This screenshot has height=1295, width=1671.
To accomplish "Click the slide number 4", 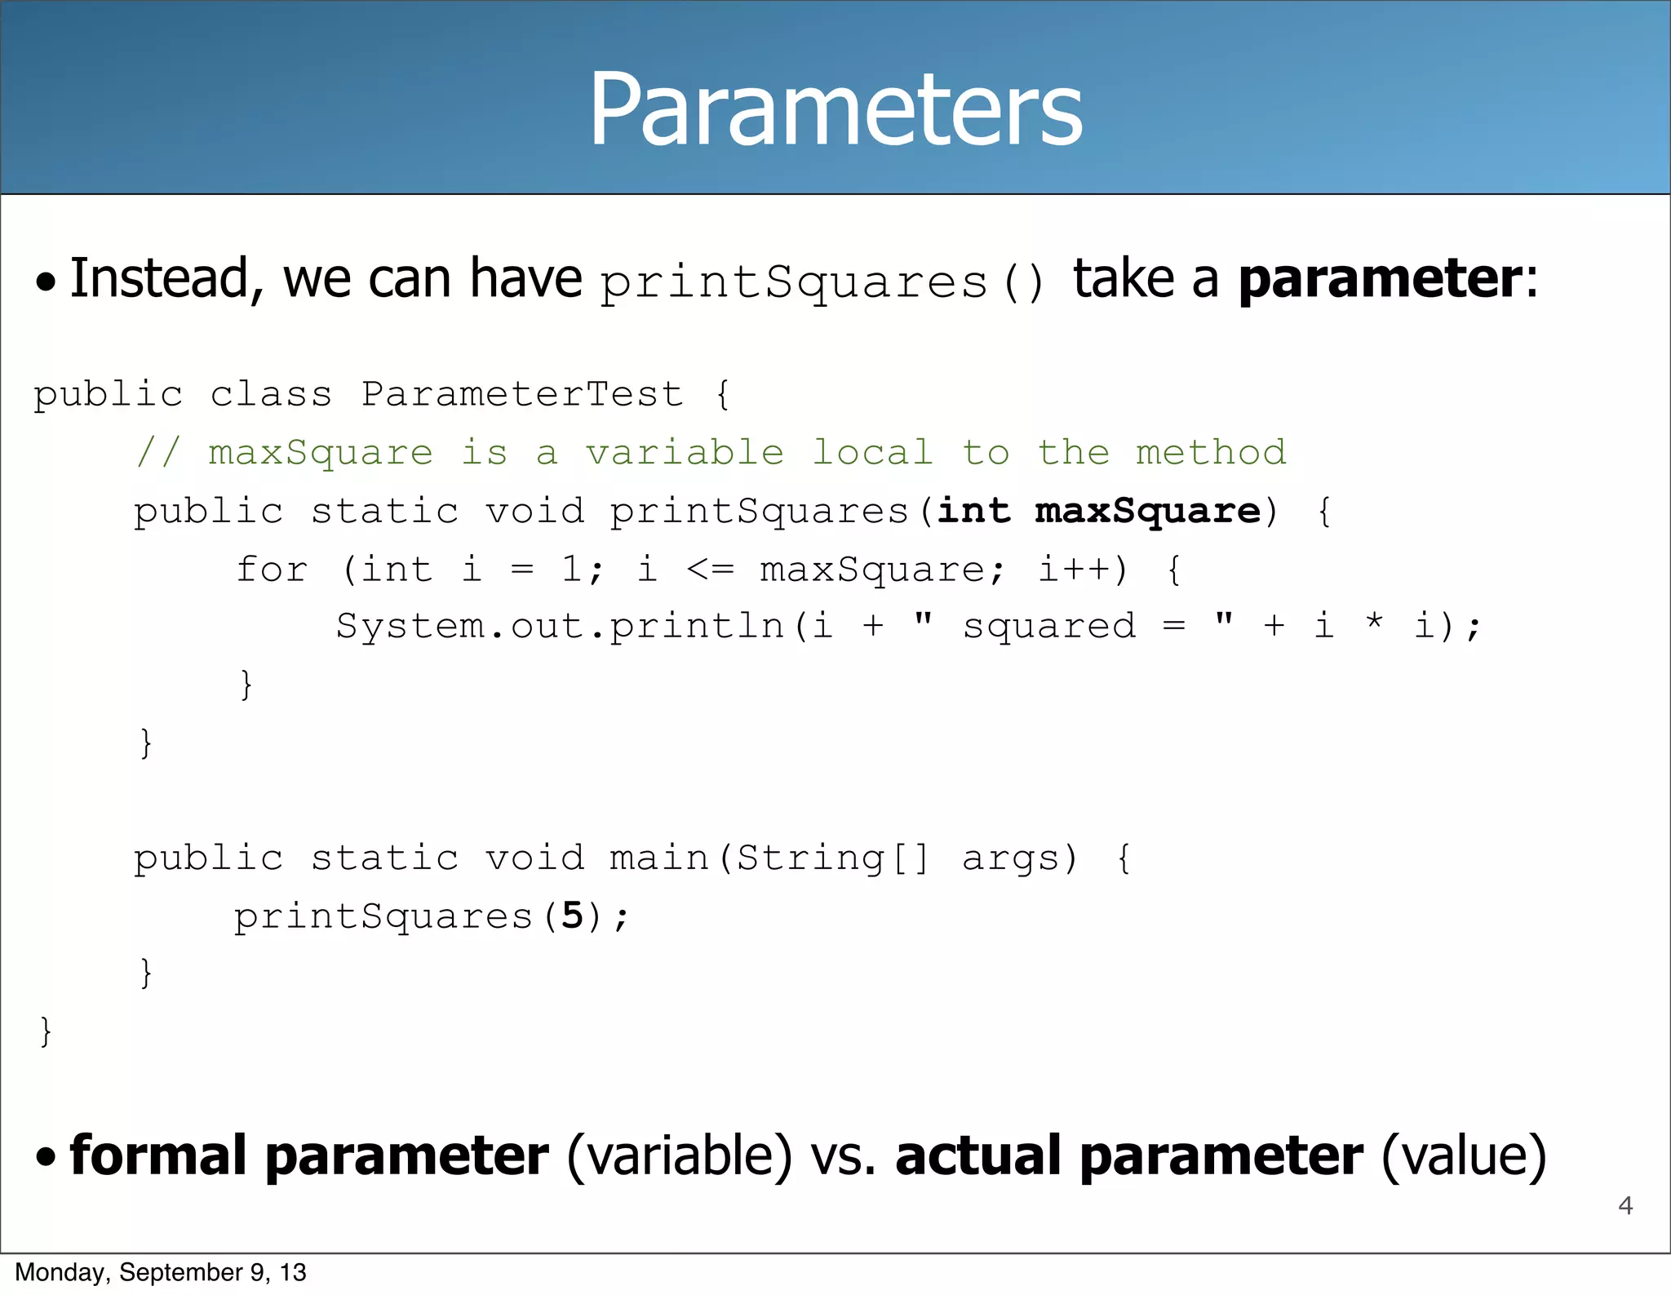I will click(1624, 1205).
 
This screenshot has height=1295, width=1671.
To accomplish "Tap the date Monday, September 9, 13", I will click(161, 1272).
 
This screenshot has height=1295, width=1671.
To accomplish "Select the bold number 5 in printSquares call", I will click(572, 916).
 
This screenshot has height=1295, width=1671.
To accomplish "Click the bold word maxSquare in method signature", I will click(1147, 511).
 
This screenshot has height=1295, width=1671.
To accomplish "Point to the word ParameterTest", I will click(521, 394).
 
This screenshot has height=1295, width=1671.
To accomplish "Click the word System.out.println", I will click(560, 627).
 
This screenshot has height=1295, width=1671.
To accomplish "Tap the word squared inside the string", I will click(1049, 627).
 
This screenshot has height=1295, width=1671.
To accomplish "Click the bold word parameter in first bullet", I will click(1380, 280).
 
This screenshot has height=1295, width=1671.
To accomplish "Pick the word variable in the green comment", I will click(685, 452).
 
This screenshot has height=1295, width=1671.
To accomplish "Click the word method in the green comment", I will click(1211, 452).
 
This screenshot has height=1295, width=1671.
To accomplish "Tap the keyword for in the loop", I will click(272, 569).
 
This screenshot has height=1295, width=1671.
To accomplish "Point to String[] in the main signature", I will click(832, 858).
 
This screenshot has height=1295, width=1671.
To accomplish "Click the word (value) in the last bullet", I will click(1463, 1156).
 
